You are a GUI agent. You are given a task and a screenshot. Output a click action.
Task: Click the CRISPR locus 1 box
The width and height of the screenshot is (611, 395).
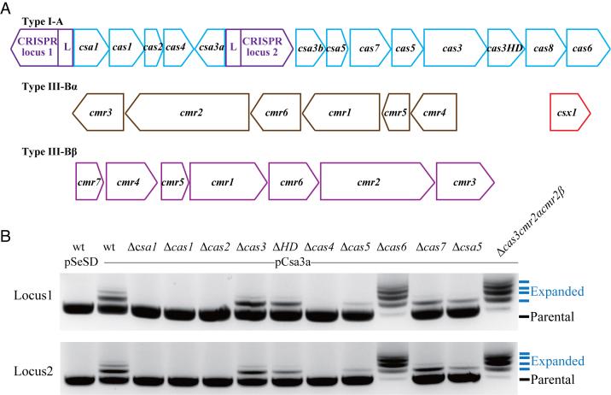(x=35, y=46)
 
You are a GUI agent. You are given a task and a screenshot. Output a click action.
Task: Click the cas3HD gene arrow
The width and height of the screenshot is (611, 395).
(x=505, y=47)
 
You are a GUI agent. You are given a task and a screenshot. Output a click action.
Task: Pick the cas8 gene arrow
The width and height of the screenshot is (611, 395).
(x=544, y=47)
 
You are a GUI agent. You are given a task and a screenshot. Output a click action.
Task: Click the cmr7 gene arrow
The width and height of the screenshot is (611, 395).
(x=88, y=180)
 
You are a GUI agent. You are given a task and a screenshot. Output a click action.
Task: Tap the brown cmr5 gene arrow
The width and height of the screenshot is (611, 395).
(x=394, y=112)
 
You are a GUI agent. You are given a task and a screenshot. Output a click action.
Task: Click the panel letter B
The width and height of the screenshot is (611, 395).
(x=7, y=233)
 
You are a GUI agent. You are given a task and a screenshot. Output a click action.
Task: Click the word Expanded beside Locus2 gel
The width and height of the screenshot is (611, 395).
(x=556, y=361)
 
